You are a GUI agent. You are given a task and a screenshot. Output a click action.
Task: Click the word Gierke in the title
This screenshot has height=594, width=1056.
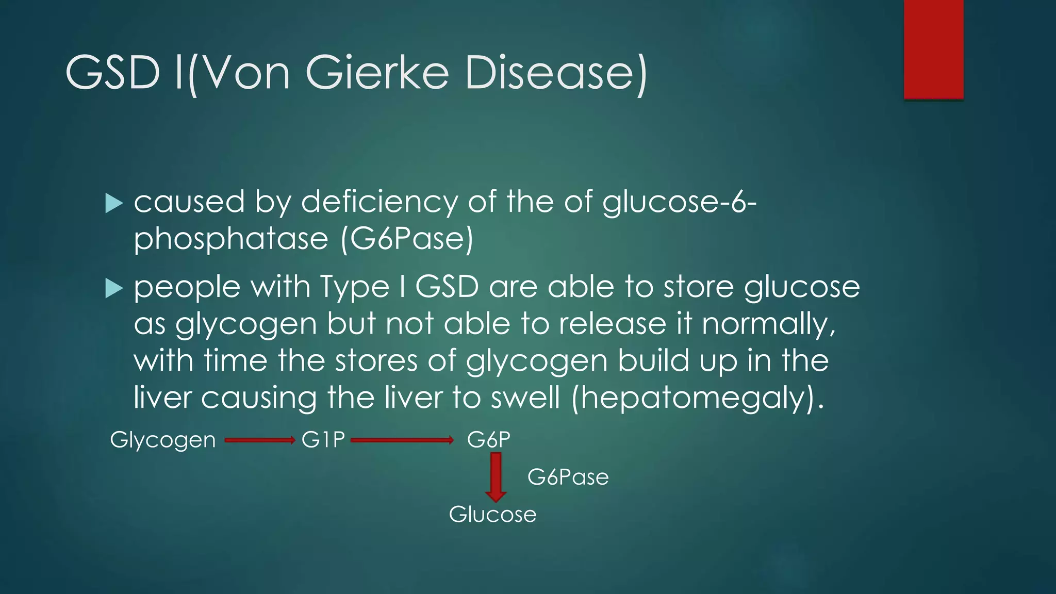click(x=377, y=73)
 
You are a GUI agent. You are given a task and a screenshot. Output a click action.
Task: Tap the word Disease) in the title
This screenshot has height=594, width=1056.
click(x=555, y=73)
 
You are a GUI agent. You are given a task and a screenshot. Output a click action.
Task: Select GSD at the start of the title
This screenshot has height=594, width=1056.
click(x=112, y=73)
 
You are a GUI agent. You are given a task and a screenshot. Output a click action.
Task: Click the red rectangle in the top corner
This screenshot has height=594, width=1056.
click(x=933, y=49)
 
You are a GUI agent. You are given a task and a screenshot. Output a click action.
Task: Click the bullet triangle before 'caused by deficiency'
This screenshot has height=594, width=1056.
click(x=113, y=203)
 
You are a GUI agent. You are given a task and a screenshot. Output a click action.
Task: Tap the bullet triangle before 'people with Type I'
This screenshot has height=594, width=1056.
click(x=113, y=288)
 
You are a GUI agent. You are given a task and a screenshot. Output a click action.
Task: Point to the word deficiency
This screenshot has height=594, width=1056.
click(x=379, y=202)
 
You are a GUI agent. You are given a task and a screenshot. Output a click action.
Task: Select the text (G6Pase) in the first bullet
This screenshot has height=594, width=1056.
click(x=406, y=239)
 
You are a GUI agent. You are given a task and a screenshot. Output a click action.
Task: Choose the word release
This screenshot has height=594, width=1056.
click(x=613, y=324)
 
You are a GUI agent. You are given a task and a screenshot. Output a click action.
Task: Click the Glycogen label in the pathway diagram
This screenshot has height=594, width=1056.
click(x=163, y=440)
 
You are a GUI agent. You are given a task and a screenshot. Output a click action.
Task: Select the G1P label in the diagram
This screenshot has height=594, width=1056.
click(x=323, y=440)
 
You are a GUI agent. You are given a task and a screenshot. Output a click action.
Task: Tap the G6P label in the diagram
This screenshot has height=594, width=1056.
click(x=488, y=440)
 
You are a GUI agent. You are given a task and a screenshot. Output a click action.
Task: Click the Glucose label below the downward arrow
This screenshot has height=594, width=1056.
click(x=492, y=515)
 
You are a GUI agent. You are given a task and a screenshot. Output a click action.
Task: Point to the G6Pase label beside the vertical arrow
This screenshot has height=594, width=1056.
click(x=568, y=477)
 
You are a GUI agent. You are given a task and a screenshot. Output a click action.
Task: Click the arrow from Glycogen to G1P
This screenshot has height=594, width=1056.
click(x=259, y=440)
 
